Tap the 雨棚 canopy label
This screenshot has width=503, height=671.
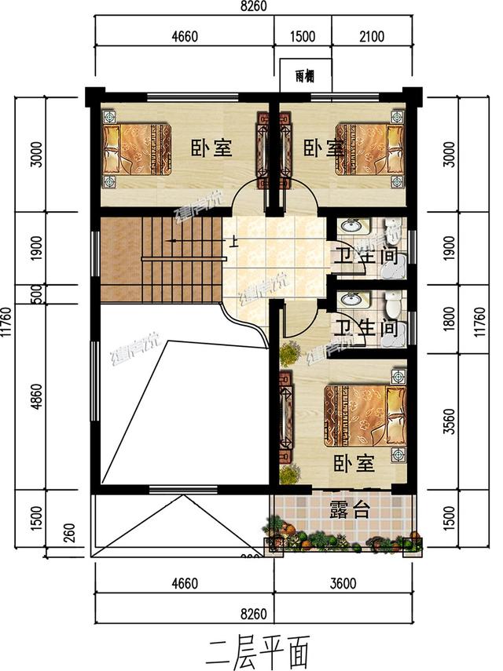307,77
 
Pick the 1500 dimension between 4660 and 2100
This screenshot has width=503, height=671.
302,36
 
